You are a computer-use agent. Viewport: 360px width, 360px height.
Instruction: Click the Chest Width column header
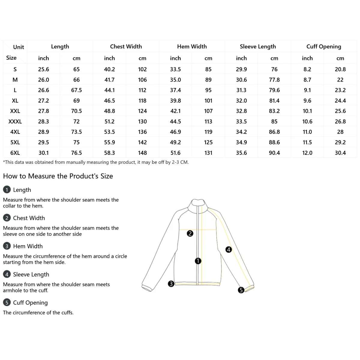pyautogui.click(x=126, y=46)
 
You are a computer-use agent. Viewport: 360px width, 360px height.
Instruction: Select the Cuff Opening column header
pyautogui.click(x=324, y=46)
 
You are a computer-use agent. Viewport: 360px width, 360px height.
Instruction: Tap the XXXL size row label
pyautogui.click(x=15, y=121)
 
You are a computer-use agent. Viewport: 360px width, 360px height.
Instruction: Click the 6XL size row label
pyautogui.click(x=15, y=153)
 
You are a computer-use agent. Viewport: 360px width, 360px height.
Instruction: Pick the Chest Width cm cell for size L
pyautogui.click(x=142, y=90)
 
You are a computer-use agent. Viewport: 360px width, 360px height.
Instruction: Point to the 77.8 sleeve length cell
pyautogui.click(x=274, y=80)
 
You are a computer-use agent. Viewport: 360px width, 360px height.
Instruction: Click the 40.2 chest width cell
pyautogui.click(x=109, y=69)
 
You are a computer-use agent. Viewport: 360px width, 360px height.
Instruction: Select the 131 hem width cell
pyautogui.click(x=208, y=153)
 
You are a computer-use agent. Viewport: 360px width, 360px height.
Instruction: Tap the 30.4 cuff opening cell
pyautogui.click(x=340, y=153)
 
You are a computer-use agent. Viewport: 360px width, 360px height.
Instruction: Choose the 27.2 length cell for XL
pyautogui.click(x=43, y=101)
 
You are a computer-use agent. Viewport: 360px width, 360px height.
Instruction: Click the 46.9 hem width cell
pyautogui.click(x=175, y=132)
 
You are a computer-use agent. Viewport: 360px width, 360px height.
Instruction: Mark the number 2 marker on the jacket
pyautogui.click(x=190, y=233)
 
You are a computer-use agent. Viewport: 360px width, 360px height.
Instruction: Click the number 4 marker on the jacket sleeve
pyautogui.click(x=229, y=249)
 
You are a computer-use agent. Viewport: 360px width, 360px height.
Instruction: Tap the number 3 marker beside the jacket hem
pyautogui.click(x=171, y=283)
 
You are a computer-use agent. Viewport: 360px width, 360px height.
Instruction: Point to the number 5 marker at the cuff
pyautogui.click(x=241, y=290)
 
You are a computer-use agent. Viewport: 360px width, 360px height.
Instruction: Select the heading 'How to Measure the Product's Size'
pyautogui.click(x=58, y=176)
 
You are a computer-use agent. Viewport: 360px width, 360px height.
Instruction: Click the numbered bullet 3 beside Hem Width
pyautogui.click(x=7, y=246)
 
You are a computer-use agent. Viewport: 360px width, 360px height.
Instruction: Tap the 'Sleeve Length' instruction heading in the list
pyautogui.click(x=31, y=274)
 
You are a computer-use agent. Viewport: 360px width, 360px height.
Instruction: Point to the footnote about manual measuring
pyautogui.click(x=96, y=162)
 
